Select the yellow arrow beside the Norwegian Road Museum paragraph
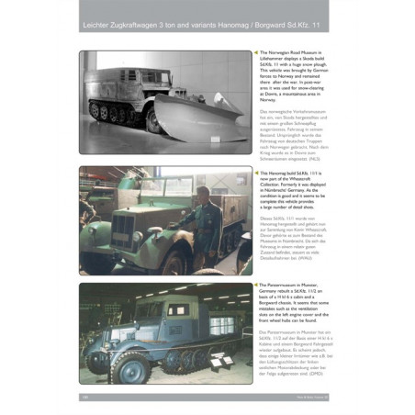pos(256,53)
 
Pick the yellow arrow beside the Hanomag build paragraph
pos(256,170)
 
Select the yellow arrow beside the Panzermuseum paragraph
pos(256,285)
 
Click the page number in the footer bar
pos(84,397)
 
